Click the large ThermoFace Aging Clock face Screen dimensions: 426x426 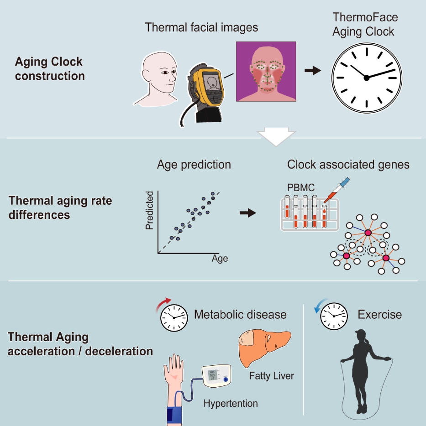(x=367, y=78)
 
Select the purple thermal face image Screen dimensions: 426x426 (x=266, y=72)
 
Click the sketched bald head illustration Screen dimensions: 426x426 (x=157, y=79)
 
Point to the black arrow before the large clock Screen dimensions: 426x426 (x=313, y=71)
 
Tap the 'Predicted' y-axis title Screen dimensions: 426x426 (x=150, y=210)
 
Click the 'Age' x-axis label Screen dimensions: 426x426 (x=220, y=258)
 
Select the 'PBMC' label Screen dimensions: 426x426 (x=301, y=187)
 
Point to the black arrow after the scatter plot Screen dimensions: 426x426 (x=248, y=213)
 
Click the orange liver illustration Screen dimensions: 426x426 (x=263, y=348)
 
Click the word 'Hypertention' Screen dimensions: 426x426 (x=231, y=404)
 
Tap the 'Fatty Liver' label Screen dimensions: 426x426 (x=272, y=376)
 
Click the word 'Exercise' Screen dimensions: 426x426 (x=380, y=315)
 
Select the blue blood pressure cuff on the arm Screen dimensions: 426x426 (x=174, y=416)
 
